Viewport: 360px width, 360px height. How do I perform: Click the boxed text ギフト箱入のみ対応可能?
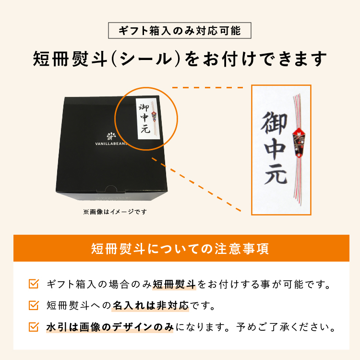point(180,31)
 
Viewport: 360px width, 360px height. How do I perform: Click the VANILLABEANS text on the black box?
point(111,144)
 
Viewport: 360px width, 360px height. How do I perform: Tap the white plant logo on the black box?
point(111,136)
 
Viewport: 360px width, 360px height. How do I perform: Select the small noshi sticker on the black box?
point(148,119)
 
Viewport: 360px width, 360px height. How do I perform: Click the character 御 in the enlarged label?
point(274,123)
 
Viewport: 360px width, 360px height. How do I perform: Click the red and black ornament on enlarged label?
point(299,143)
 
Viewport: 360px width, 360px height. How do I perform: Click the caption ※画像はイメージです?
point(115,212)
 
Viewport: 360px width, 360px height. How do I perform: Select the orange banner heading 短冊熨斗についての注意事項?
point(180,249)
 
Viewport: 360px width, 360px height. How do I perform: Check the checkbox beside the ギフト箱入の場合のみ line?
point(34,284)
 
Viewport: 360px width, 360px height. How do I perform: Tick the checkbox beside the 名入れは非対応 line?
point(34,305)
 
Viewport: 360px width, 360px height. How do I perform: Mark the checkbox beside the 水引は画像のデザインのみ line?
point(34,327)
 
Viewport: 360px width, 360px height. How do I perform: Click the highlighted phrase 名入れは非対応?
point(150,306)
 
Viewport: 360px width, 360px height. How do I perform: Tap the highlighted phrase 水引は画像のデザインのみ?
point(110,327)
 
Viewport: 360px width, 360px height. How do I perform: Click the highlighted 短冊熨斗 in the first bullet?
point(174,284)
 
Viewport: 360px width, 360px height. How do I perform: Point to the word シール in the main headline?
point(146,59)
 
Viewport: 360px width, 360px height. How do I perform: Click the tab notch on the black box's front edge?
point(111,189)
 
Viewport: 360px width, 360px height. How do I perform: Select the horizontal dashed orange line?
point(207,87)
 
